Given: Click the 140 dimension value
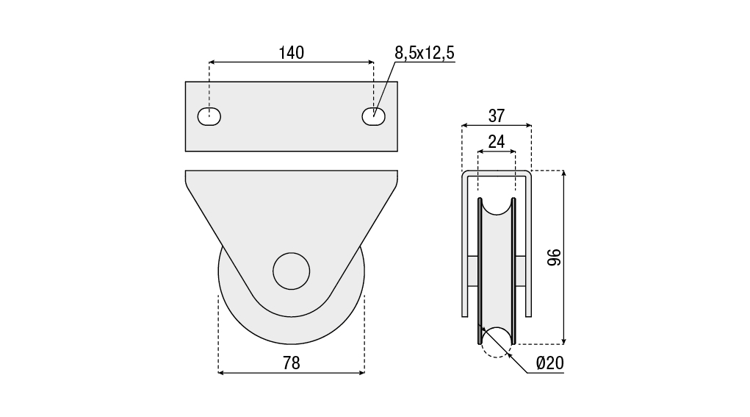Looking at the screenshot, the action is click(292, 53).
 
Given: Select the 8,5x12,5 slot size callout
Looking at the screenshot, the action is click(425, 53).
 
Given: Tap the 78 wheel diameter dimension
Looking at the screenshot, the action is click(292, 363).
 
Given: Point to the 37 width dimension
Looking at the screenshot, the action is click(497, 116).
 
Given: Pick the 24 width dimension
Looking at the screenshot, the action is click(497, 142).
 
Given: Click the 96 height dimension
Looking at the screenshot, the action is click(554, 257).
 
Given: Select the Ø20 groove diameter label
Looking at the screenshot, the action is click(550, 363).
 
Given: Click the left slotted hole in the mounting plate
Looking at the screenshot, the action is click(209, 116).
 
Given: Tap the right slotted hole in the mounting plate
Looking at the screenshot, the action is click(374, 116).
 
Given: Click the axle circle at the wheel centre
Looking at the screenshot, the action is click(292, 271).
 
